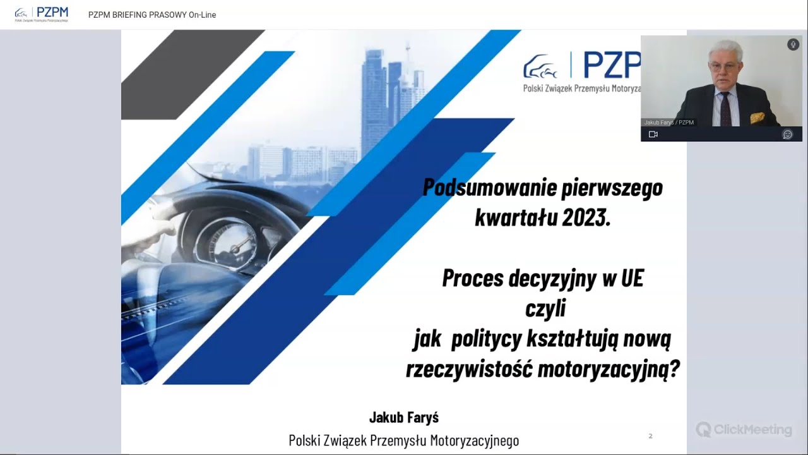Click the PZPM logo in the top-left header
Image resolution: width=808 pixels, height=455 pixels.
(42, 14)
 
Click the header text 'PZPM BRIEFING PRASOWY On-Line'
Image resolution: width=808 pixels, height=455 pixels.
(152, 15)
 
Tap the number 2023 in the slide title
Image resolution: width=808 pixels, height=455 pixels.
(585, 217)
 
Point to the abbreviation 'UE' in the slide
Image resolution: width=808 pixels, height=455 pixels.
(632, 278)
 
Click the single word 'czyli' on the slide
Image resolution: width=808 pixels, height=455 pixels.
(545, 308)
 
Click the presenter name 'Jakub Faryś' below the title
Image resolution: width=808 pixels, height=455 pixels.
(404, 417)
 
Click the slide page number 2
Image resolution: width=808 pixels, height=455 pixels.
(650, 436)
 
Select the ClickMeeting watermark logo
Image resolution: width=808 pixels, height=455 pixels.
(744, 430)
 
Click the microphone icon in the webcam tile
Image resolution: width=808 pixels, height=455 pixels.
(793, 44)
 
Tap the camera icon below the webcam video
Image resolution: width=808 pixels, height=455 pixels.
(653, 134)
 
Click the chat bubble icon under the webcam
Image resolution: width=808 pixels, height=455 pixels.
(787, 134)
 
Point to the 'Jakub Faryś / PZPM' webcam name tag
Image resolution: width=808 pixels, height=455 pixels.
(669, 123)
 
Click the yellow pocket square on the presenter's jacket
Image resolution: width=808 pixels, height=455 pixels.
(757, 118)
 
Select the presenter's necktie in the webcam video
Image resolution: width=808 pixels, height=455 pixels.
(725, 109)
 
